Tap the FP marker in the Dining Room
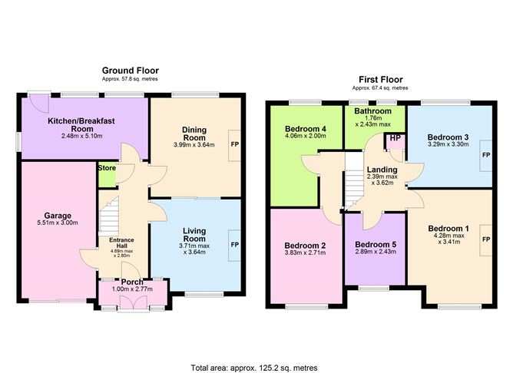[x=233, y=144]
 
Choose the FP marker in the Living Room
[x=233, y=245]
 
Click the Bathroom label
[x=372, y=111]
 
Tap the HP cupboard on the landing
[x=395, y=138]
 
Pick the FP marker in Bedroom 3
[x=485, y=155]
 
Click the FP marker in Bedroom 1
[x=485, y=239]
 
